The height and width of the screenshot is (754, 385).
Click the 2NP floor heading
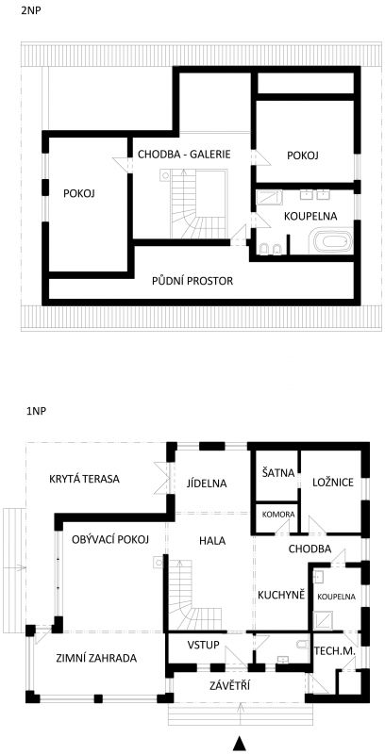click(x=31, y=10)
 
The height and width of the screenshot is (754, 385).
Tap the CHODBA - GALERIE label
click(x=184, y=155)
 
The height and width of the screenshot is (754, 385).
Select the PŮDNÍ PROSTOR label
click(x=192, y=281)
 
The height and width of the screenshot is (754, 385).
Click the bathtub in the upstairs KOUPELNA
click(x=332, y=242)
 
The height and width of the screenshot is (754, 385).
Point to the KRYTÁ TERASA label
click(x=85, y=479)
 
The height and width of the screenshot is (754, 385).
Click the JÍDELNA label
click(x=207, y=484)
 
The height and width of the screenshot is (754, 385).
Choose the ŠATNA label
click(x=277, y=473)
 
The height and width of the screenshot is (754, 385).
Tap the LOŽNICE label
click(x=333, y=483)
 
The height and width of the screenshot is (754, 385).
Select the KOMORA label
click(x=278, y=514)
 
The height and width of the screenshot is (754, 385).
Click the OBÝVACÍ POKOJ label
click(x=110, y=539)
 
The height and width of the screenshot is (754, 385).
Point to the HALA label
click(x=212, y=540)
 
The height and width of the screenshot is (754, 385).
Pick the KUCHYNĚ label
click(x=281, y=595)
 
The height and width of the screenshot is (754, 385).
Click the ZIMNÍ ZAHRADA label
click(x=96, y=658)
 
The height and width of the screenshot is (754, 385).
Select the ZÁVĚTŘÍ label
click(x=229, y=686)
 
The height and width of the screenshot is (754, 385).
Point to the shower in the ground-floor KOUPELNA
click(x=321, y=620)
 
